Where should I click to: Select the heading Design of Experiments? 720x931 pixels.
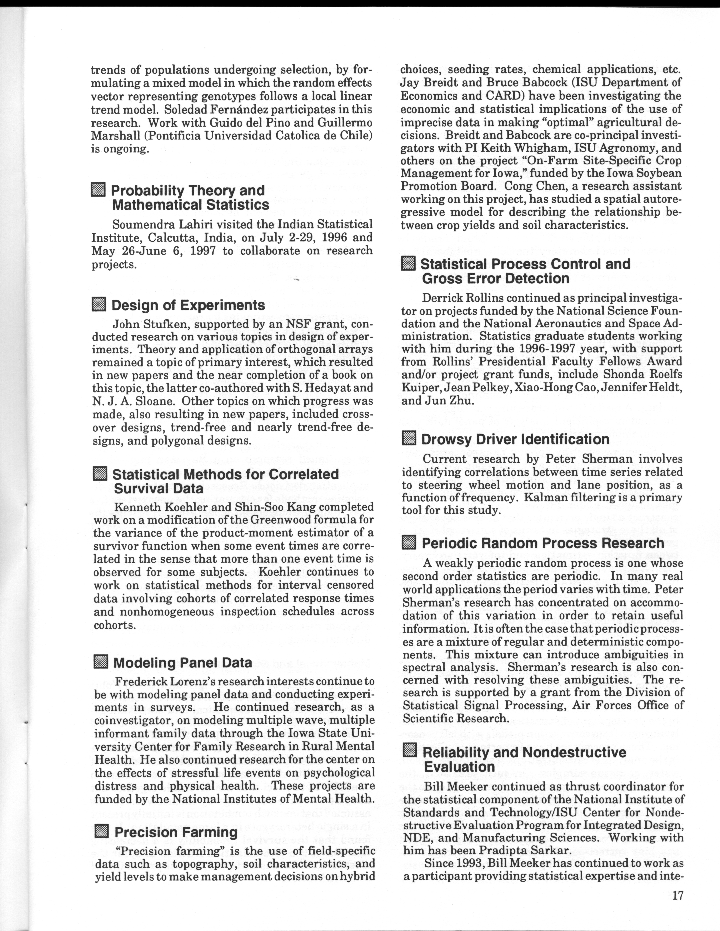(188, 305)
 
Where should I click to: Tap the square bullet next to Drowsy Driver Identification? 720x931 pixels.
(409, 439)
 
